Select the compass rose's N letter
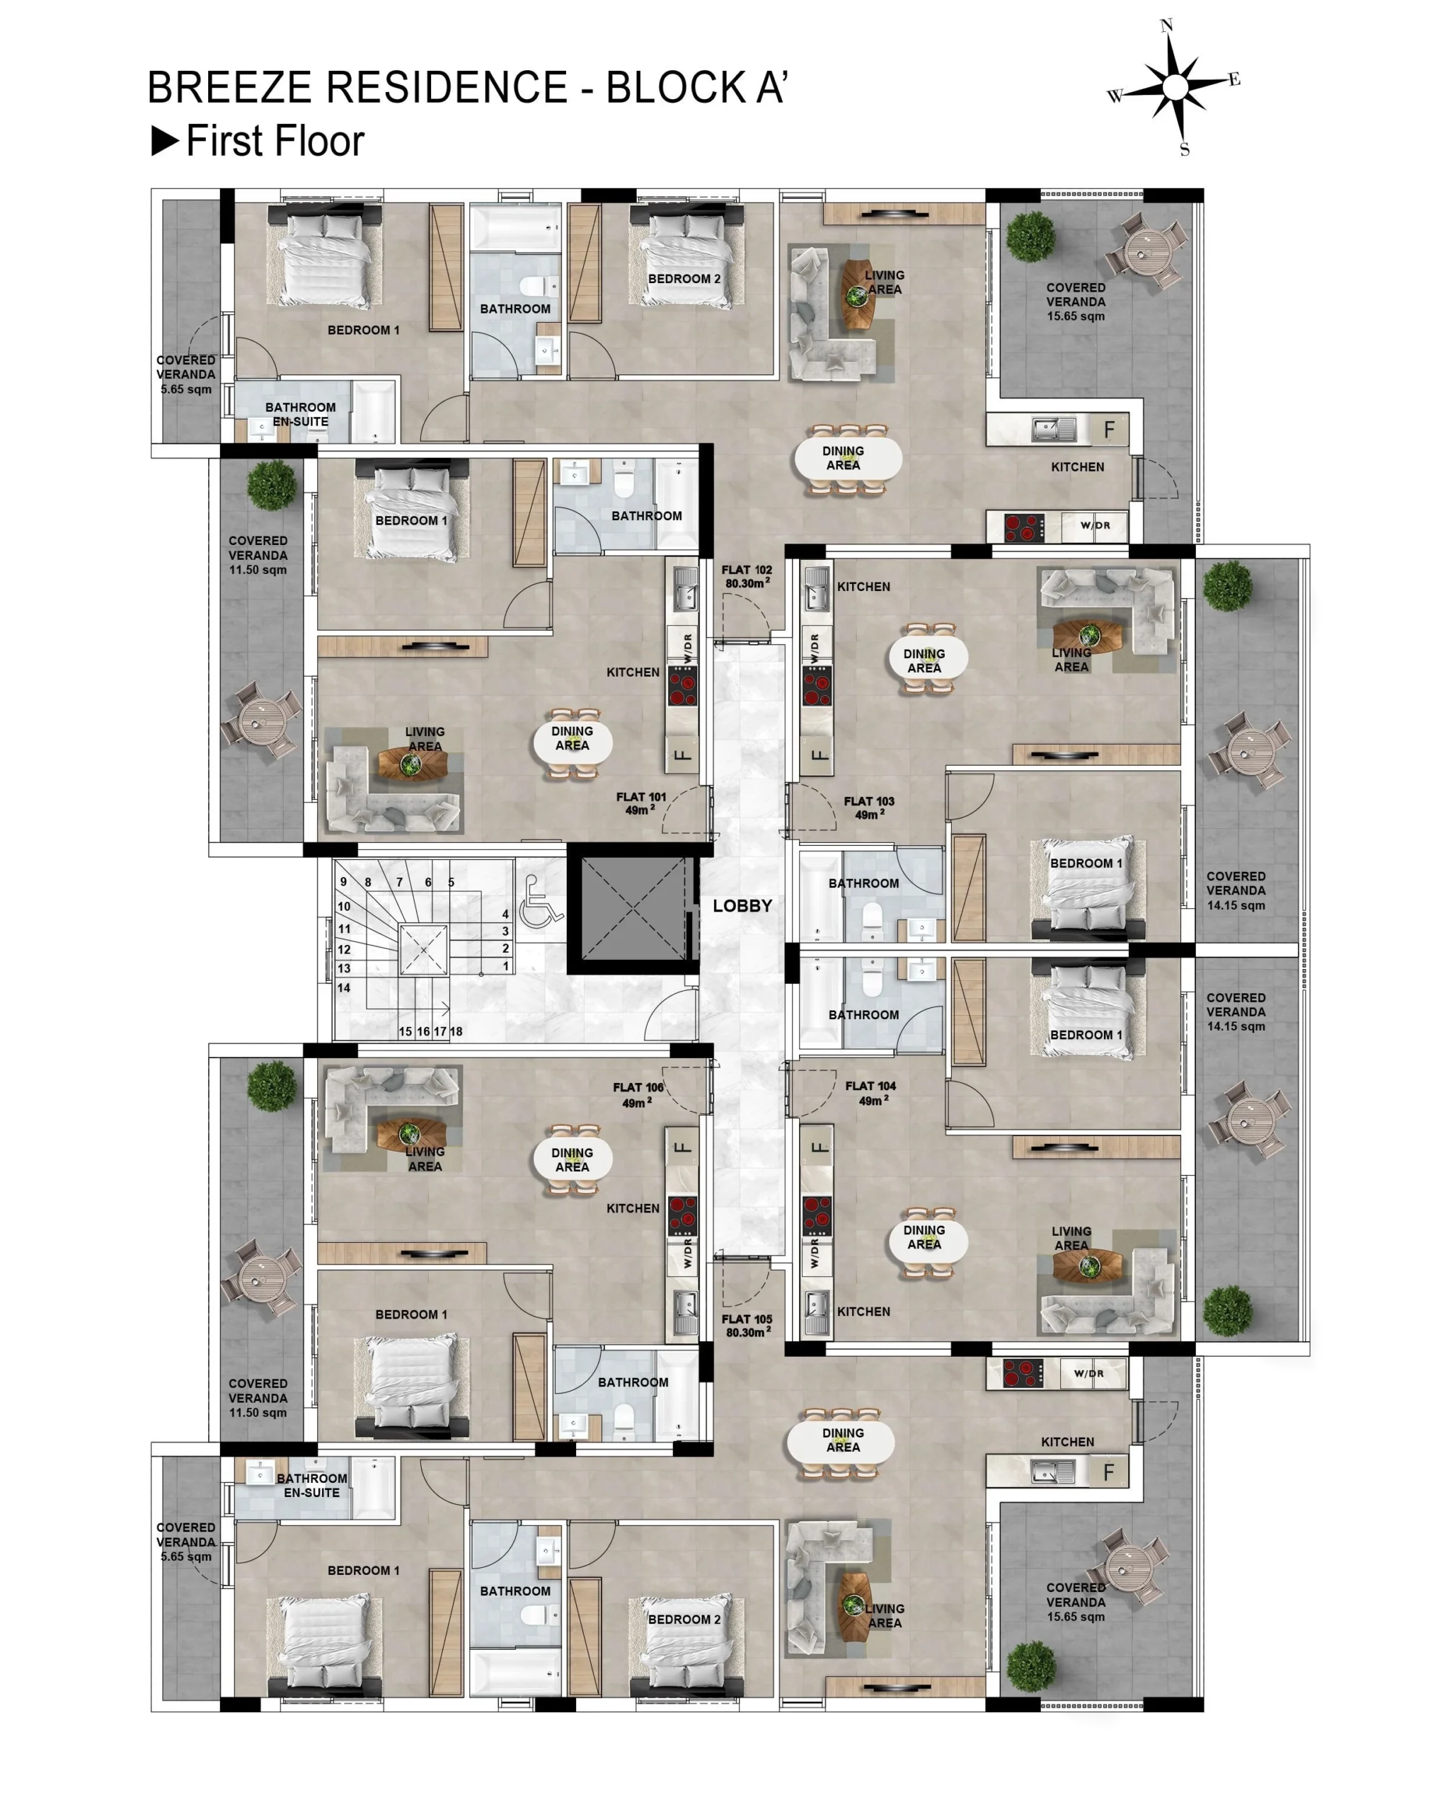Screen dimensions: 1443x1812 pos(1166,26)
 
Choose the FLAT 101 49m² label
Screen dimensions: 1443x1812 pos(640,803)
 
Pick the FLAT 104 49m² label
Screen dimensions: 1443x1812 pos(870,1094)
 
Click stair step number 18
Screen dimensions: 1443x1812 pos(456,1031)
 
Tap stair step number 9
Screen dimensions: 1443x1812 pos(343,882)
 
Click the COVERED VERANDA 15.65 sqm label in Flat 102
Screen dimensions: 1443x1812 pos(1075,302)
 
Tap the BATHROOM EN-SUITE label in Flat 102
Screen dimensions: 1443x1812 pos(300,414)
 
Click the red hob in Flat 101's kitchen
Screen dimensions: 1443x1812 pos(682,686)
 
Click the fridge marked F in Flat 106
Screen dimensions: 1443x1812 pos(682,1147)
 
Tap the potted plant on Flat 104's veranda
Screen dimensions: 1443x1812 pos(1226,1310)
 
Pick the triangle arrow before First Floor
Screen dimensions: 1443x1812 pos(165,140)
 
